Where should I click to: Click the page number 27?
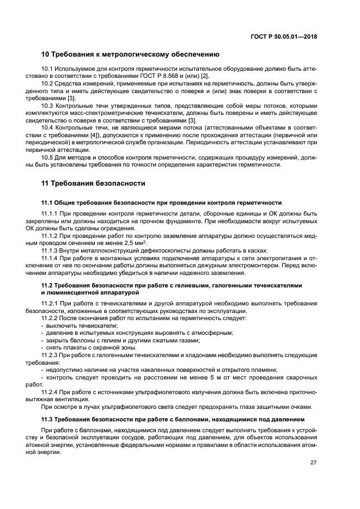coord(313,463)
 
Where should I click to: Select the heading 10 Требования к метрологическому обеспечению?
coord(130,54)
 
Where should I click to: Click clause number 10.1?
coord(48,69)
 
